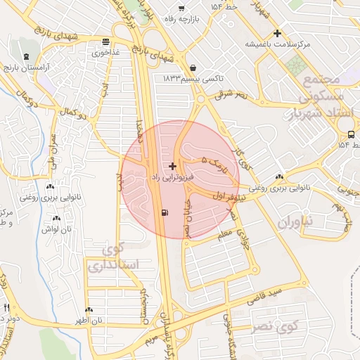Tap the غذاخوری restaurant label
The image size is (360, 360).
105,52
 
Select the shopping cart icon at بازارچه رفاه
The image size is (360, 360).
181,8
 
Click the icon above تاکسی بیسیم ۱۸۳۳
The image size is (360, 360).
193,68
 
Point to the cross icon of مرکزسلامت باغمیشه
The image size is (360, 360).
277,33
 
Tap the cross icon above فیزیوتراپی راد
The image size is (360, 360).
172,166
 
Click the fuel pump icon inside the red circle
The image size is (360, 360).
165,212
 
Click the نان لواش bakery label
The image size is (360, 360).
56,229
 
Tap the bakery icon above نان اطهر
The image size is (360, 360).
89,309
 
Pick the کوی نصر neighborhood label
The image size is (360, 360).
275,327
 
